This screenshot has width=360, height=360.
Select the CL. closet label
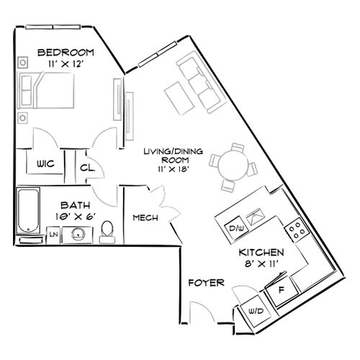pos(89,168)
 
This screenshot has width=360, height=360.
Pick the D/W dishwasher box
pos(234,228)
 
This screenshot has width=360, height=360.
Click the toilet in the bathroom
pos(107,230)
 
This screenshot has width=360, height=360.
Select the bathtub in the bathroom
pos(27,213)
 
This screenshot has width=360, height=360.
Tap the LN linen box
pos(53,233)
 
